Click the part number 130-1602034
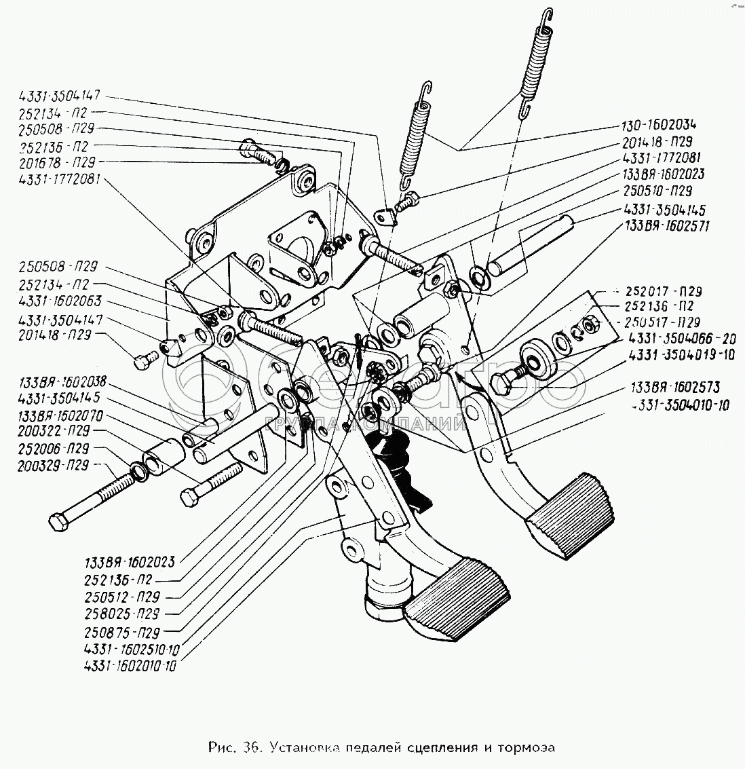pyautogui.click(x=658, y=125)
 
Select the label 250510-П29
pyautogui.click(x=657, y=191)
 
